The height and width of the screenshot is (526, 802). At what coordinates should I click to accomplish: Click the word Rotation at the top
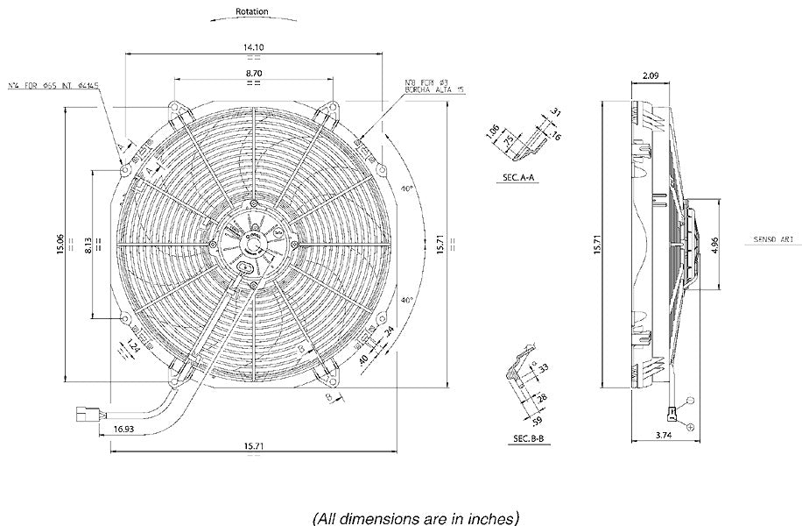252,12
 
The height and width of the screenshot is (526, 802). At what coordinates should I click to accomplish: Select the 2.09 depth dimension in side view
651,76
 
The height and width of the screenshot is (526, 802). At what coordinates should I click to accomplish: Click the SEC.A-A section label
519,177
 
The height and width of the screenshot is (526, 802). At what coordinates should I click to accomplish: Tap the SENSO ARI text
774,238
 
